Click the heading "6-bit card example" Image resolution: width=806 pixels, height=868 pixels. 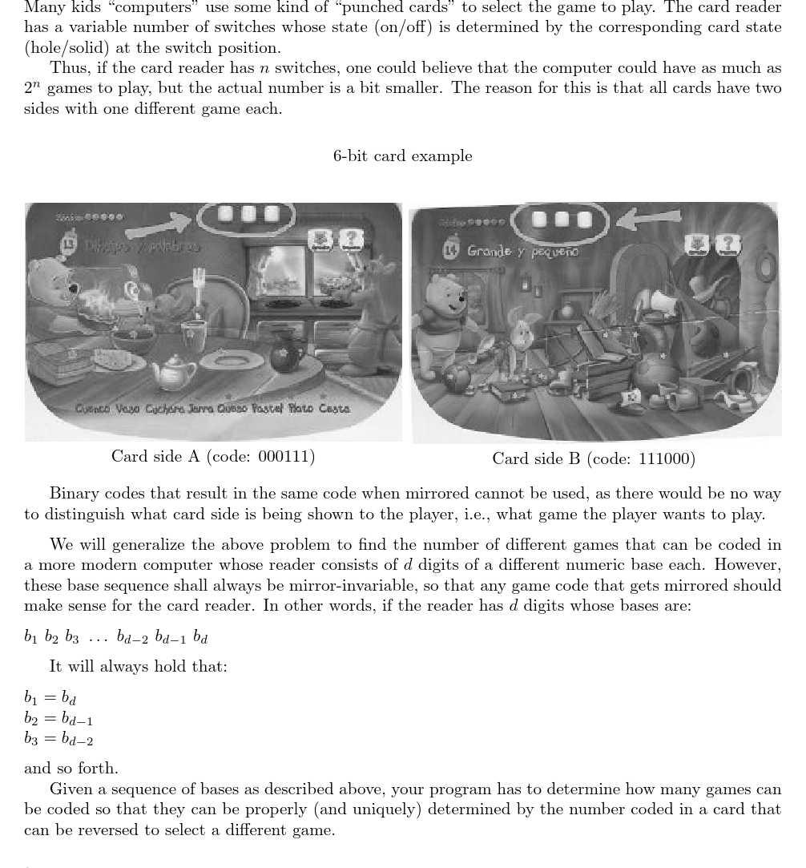pyautogui.click(x=402, y=155)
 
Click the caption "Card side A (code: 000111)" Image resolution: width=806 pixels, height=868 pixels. pyautogui.click(x=213, y=456)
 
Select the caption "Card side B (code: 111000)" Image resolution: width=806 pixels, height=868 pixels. pyautogui.click(x=594, y=458)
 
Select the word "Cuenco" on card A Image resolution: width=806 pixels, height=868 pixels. pyautogui.click(x=94, y=409)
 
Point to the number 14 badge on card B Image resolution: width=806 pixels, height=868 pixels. pyautogui.click(x=452, y=249)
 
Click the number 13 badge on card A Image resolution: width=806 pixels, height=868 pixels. pyautogui.click(x=69, y=244)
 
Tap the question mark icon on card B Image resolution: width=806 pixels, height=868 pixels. pyautogui.click(x=727, y=244)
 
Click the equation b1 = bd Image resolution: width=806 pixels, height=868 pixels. pyautogui.click(x=50, y=698)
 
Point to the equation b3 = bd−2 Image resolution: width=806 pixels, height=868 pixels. pyautogui.click(x=58, y=739)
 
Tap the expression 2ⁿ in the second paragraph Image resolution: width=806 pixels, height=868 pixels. pyautogui.click(x=33, y=87)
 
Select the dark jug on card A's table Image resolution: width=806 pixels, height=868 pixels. pyautogui.click(x=284, y=352)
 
